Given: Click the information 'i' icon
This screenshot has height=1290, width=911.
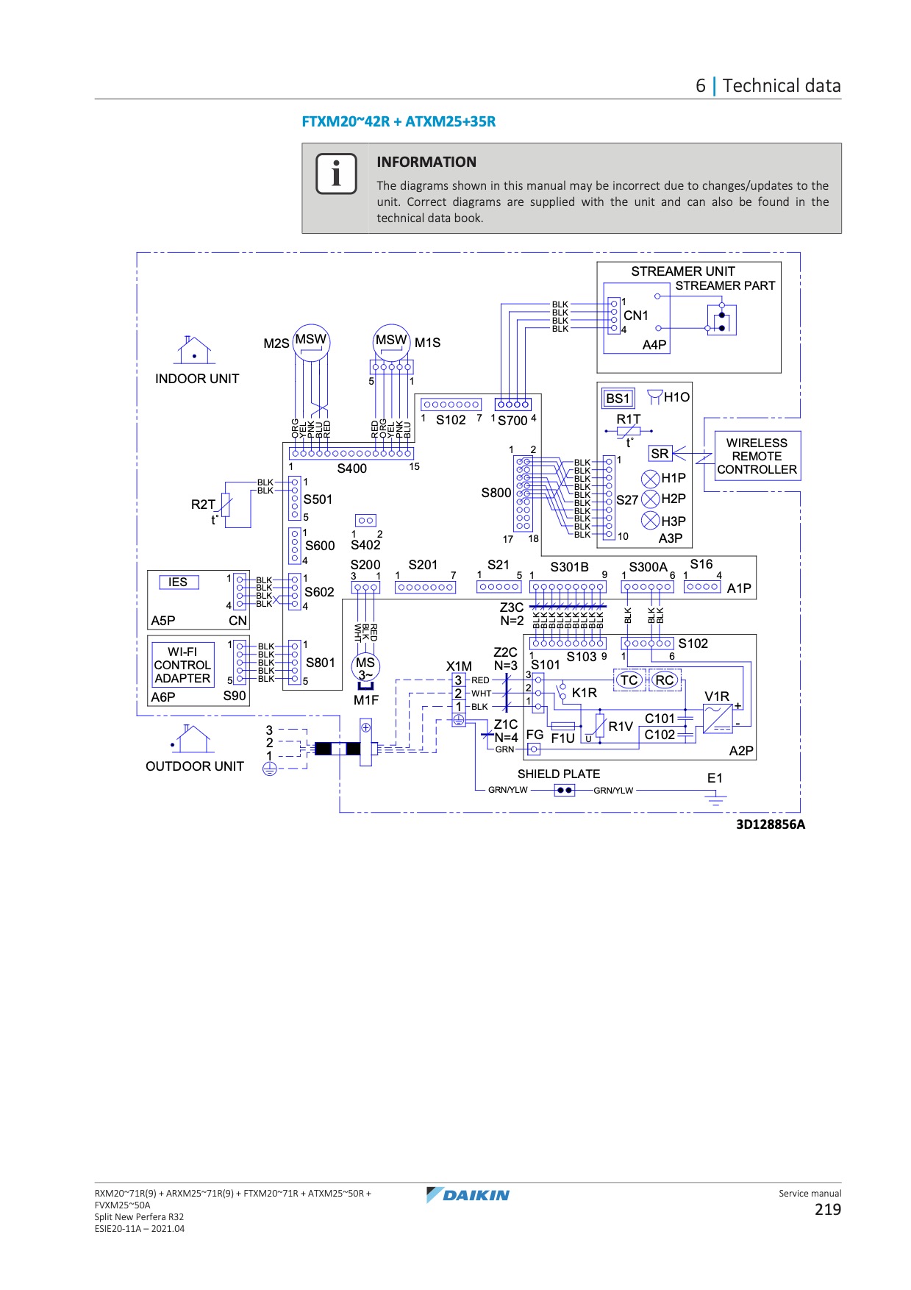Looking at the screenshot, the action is [x=336, y=174].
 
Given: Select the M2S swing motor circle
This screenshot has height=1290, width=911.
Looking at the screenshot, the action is [x=311, y=343].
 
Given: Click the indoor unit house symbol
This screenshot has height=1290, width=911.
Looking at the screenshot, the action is [x=194, y=350].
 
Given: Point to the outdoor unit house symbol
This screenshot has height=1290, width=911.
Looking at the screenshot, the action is [x=190, y=738].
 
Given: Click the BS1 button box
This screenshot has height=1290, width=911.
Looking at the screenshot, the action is [x=618, y=399].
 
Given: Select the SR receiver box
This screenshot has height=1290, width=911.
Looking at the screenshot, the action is [x=660, y=454].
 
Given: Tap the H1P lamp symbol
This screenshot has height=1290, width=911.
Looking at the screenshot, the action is [x=650, y=479].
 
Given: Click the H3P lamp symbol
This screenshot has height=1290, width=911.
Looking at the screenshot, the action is [x=650, y=521].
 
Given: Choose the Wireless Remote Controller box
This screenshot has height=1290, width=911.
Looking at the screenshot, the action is [x=757, y=456].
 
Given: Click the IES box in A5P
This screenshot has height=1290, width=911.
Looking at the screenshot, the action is [x=179, y=582].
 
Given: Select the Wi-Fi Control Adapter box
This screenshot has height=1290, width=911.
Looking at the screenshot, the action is [x=182, y=665].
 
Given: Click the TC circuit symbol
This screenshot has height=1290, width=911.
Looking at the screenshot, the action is [x=629, y=680].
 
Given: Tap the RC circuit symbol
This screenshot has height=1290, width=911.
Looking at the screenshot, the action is [x=665, y=680].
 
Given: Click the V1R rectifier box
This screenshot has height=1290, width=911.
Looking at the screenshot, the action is [x=718, y=719].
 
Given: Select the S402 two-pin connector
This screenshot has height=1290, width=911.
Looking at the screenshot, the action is [x=365, y=521].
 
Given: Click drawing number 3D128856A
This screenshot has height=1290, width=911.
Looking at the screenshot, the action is [x=771, y=824].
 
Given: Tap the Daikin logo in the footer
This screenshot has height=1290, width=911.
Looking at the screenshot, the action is [x=468, y=1194].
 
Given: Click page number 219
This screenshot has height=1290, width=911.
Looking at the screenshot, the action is [x=828, y=1210].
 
